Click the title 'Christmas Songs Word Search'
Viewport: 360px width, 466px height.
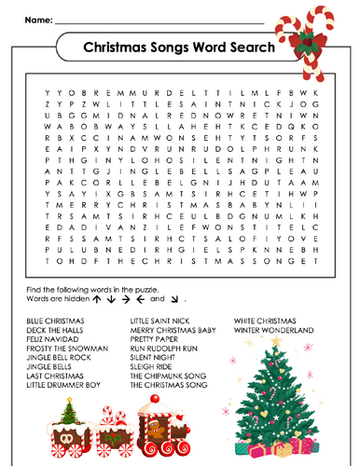[x=179, y=47]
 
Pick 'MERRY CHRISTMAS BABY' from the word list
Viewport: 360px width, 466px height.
[x=173, y=329]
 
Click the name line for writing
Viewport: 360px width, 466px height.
[x=159, y=21]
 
